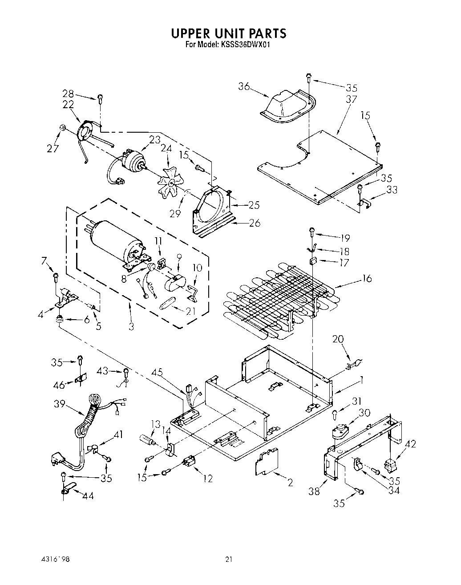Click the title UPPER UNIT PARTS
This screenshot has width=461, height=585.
(x=229, y=33)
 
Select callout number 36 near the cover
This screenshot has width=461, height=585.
(x=244, y=86)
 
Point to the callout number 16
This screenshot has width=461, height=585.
(x=367, y=279)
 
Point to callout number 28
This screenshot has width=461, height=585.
(x=68, y=93)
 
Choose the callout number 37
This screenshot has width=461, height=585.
(x=351, y=99)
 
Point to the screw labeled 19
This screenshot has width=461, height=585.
(x=312, y=232)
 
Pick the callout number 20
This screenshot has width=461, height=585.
(x=338, y=339)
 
